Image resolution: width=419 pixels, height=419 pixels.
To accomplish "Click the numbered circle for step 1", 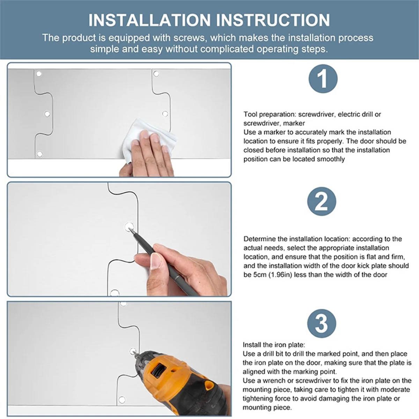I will (323, 79).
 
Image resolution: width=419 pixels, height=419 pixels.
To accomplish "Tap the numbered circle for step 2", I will (322, 202).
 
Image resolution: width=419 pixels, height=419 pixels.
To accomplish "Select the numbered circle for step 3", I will (322, 323).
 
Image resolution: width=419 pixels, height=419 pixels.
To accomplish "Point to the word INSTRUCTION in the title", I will (273, 20).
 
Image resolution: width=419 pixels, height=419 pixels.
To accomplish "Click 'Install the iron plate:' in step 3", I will (274, 345).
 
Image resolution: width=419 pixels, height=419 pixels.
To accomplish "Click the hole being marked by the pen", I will (128, 227).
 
